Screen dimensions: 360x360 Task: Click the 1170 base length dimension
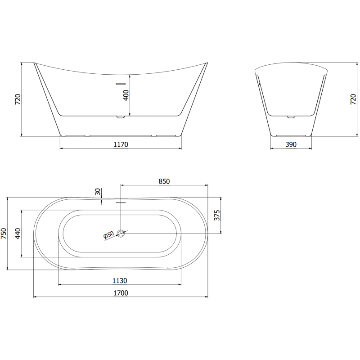(121, 144)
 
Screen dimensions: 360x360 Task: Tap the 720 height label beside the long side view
(18, 99)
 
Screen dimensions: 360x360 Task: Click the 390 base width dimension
(292, 144)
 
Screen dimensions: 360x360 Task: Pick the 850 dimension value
(164, 181)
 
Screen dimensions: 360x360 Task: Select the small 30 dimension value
(98, 192)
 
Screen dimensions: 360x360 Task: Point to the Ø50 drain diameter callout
(108, 236)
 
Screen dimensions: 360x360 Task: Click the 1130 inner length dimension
(120, 280)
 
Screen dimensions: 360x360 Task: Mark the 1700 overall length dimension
(121, 293)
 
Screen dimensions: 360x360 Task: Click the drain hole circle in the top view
(121, 233)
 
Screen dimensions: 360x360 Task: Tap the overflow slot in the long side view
(121, 83)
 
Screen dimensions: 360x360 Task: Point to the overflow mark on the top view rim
(120, 202)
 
